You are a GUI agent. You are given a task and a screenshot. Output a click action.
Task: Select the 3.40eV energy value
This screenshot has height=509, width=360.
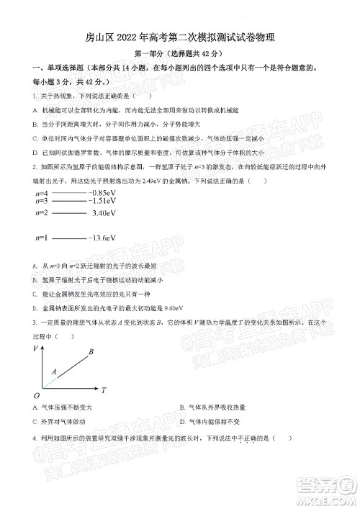click(104, 213)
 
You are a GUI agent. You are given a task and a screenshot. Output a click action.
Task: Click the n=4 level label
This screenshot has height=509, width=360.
click(42, 194)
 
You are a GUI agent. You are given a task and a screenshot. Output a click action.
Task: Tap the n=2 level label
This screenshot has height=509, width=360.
click(42, 213)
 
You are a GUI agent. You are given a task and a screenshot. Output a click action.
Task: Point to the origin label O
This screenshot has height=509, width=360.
click(36, 395)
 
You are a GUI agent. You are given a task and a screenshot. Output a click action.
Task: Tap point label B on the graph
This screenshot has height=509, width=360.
click(91, 352)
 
